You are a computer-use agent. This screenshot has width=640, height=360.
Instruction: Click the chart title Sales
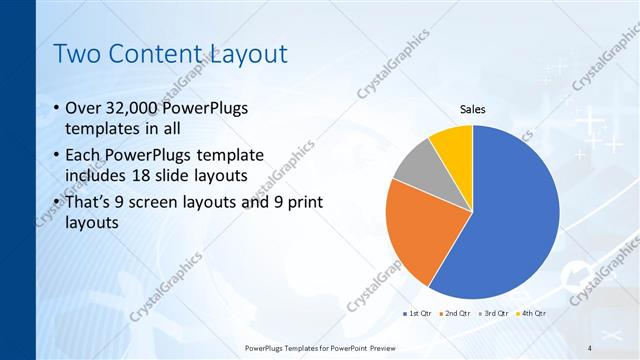click(472, 109)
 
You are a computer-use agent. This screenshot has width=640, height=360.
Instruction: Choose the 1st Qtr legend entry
click(416, 313)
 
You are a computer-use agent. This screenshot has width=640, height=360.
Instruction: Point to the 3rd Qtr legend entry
click(497, 313)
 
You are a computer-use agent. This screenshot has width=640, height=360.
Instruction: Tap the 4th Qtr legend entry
click(533, 313)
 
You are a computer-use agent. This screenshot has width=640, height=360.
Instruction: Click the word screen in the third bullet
click(171, 202)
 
